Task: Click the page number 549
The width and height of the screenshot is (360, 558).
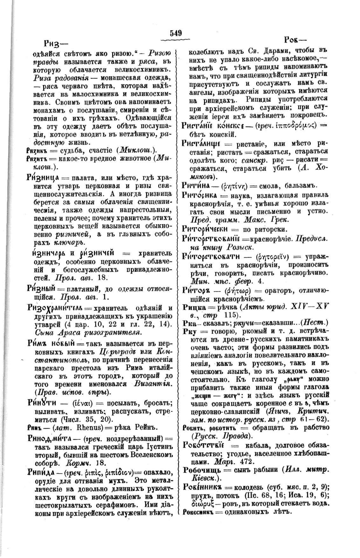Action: click(x=176, y=33)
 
